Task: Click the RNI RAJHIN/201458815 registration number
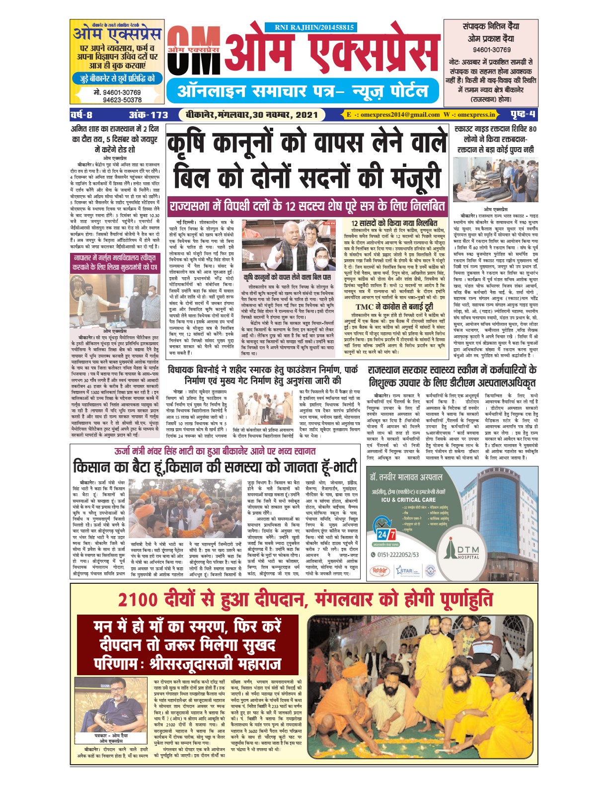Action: pos(314,28)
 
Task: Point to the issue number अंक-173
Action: pos(149,115)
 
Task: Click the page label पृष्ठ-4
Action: pos(523,115)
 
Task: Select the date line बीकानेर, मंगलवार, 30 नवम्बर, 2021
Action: pos(252,115)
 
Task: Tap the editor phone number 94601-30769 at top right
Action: pos(491,50)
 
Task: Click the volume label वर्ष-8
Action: pos(81,115)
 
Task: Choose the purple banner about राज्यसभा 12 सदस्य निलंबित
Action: pos(307,206)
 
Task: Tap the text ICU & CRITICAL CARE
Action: pos(408,499)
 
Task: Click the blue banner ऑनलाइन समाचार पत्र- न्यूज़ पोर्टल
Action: pos(303,91)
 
